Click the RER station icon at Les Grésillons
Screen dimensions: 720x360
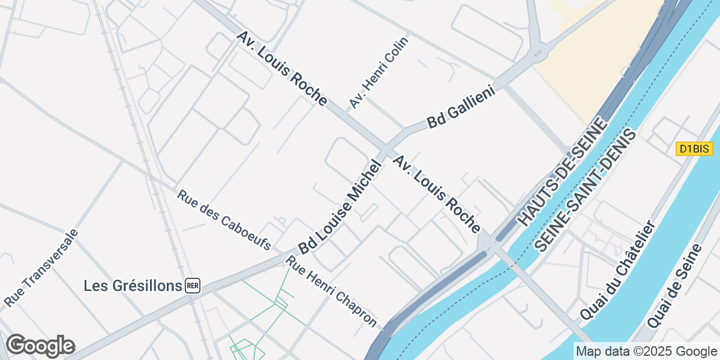tap(193, 286)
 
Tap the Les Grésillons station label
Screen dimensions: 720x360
tap(133, 286)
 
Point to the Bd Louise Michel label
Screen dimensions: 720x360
tap(340, 207)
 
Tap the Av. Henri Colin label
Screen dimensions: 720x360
tap(379, 73)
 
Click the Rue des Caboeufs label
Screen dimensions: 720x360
tap(224, 220)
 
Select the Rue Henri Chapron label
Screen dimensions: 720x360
tap(333, 292)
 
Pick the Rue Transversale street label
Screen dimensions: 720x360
tap(41, 268)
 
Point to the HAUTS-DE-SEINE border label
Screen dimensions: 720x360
tap(562, 173)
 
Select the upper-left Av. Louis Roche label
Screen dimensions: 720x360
tap(281, 69)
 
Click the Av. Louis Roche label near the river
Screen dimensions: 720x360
tap(437, 194)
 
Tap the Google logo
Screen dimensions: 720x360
tap(40, 346)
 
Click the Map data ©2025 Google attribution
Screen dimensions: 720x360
tap(646, 352)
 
